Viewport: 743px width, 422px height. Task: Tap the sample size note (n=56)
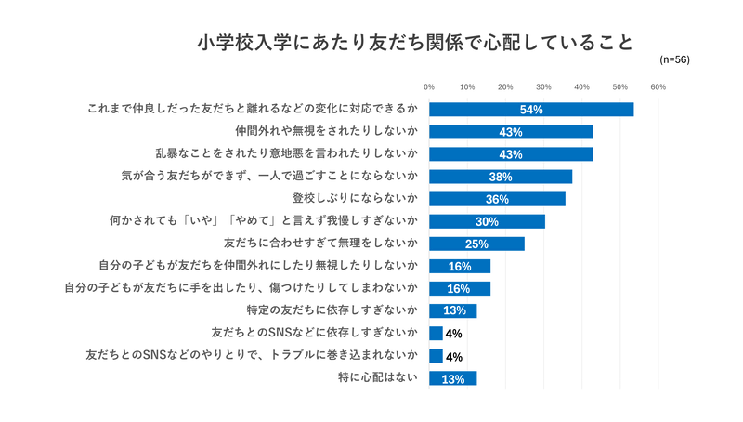[674, 59]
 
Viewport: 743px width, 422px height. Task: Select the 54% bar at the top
[531, 110]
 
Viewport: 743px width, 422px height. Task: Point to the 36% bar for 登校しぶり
[497, 199]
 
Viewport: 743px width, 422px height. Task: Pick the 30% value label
[488, 221]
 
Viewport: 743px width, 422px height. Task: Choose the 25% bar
[476, 244]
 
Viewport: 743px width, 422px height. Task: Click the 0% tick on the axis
[429, 86]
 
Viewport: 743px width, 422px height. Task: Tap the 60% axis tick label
[658, 86]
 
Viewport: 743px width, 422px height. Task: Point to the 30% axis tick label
[543, 86]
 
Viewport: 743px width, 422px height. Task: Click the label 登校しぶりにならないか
[354, 199]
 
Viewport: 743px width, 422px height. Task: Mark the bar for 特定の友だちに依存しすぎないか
[453, 310]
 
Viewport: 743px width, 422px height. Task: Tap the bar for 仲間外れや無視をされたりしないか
[511, 132]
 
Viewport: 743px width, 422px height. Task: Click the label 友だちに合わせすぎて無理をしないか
[320, 244]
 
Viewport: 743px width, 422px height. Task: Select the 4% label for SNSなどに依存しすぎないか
[454, 334]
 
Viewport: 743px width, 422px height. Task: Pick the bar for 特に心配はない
[453, 378]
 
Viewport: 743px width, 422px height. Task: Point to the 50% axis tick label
[620, 86]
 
